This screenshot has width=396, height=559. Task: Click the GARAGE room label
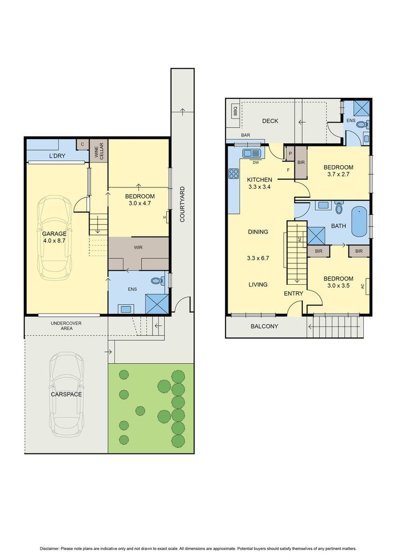pos(54,233)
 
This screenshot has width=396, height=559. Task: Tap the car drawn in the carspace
pos(67,394)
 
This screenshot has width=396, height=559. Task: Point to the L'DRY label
pos(58,156)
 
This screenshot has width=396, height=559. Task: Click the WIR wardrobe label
pos(138,247)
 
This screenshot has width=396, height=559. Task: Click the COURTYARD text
pos(182,204)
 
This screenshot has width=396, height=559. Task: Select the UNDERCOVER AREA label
pos(66,326)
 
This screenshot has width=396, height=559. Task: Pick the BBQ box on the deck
pos(235,111)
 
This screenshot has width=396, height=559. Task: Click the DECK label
pos(270,121)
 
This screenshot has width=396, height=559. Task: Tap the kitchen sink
pos(252,153)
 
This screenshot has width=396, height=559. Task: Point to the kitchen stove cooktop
pos(233,174)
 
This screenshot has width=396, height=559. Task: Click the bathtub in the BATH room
pos(359,222)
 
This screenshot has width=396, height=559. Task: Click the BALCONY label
pos(264,327)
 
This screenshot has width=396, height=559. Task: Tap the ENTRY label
pos(293,294)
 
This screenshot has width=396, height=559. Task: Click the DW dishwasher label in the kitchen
pos(256,162)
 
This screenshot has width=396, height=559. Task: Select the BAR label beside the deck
pos(245,136)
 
